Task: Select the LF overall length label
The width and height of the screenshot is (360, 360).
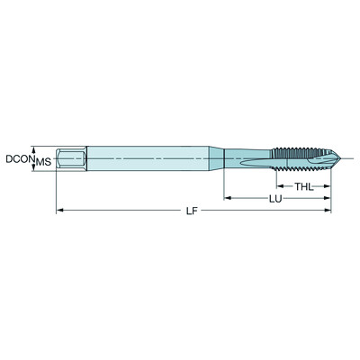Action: tap(191, 211)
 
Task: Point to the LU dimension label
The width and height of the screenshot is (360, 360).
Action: tap(274, 197)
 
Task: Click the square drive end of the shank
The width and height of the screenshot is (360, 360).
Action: tap(70, 159)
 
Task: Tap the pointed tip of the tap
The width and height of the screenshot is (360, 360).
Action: tap(330, 159)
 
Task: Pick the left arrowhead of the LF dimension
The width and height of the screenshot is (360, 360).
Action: tap(59, 211)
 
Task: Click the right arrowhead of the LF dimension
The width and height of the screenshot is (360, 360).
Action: tap(328, 211)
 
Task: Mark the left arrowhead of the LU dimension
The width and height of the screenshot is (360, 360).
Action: tap(228, 197)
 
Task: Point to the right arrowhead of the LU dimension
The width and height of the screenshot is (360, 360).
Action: tap(328, 197)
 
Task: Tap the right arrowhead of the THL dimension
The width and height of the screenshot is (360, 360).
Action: tap(328, 185)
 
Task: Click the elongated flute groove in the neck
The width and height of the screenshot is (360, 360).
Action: tap(256, 160)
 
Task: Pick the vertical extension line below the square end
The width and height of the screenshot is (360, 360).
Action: tap(57, 191)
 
